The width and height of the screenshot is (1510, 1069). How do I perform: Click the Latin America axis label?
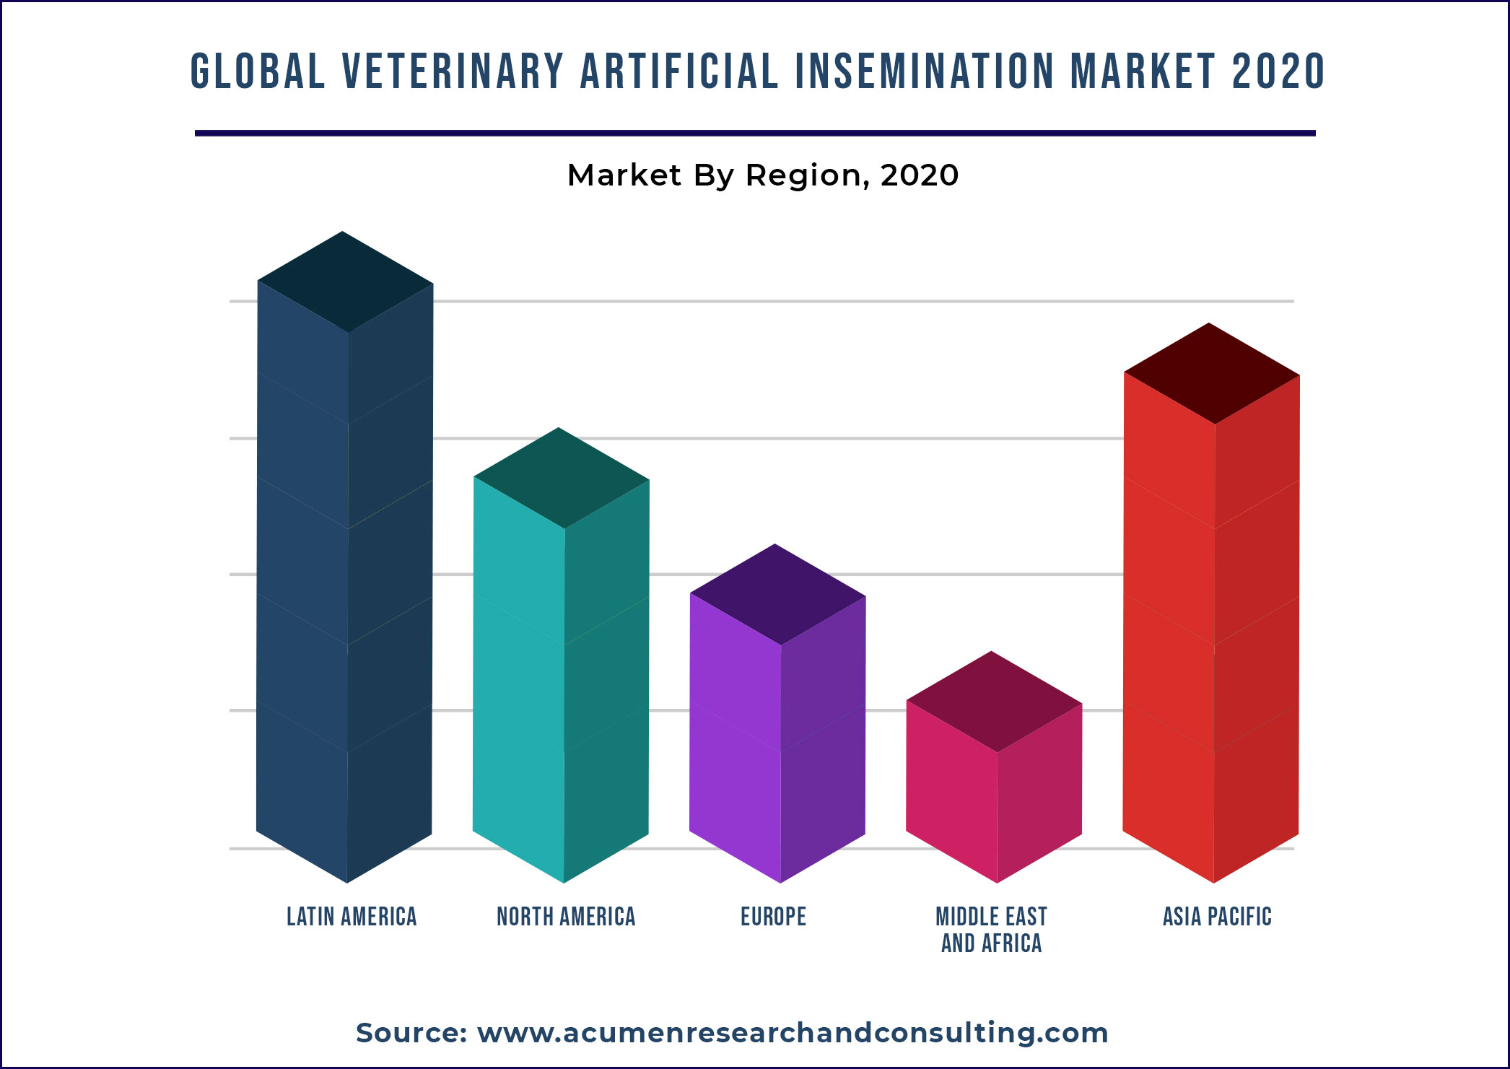tap(352, 917)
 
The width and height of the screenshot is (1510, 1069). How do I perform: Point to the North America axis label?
tap(566, 917)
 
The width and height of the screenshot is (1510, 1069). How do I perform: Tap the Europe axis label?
tap(773, 917)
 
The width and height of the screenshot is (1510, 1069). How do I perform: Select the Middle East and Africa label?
tap(991, 930)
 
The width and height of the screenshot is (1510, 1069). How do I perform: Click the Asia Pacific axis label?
tap(1217, 917)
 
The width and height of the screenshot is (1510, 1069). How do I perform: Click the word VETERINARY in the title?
tap(452, 72)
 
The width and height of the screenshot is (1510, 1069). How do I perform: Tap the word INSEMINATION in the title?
tap(925, 72)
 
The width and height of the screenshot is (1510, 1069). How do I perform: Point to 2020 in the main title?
tap(1278, 72)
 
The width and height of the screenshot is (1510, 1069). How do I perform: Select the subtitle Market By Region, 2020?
tap(763, 175)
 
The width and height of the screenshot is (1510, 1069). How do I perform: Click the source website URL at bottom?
tap(793, 1033)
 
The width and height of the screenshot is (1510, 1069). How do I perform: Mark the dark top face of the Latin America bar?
tap(345, 282)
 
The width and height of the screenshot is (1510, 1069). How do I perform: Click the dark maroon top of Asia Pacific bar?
tap(1211, 373)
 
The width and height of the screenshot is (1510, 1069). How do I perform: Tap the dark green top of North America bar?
tap(561, 478)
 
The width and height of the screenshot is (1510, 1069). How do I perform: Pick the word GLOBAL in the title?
tap(258, 72)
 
